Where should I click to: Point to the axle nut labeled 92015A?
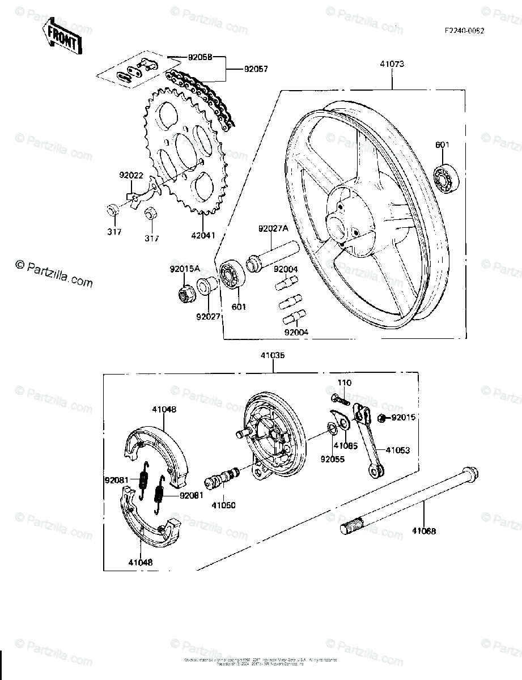point(184,293)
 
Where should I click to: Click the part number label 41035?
point(273,356)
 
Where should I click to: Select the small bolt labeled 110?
point(338,399)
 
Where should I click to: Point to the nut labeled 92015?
point(383,418)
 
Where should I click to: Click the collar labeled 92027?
point(206,287)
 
